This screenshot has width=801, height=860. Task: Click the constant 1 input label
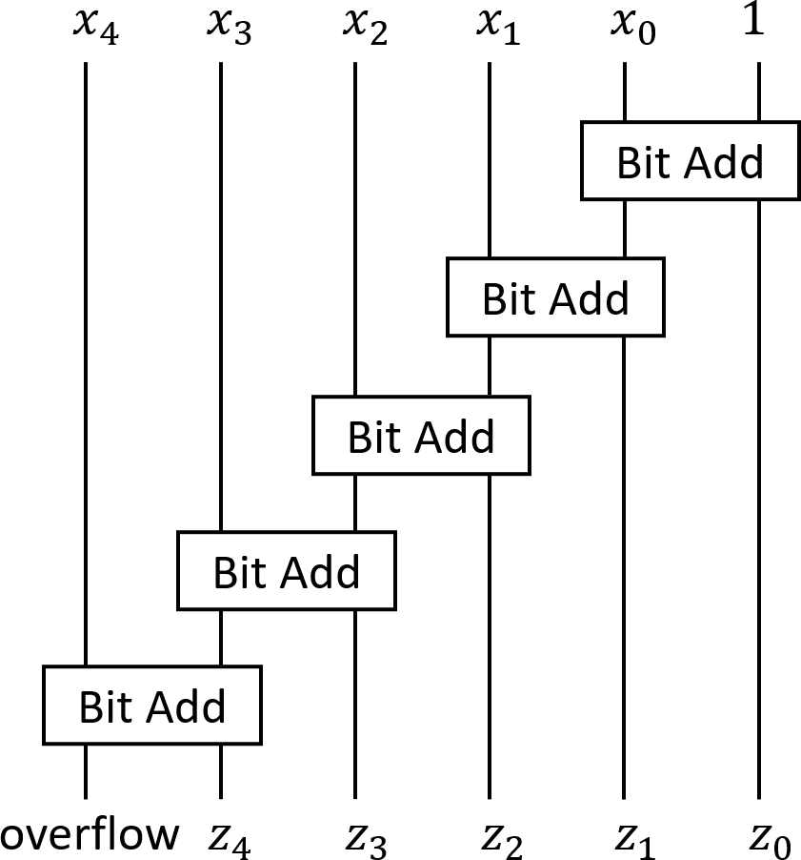click(754, 21)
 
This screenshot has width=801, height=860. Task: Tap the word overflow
click(90, 834)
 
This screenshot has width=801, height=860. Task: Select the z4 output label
click(230, 839)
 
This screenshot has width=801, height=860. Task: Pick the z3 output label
click(364, 839)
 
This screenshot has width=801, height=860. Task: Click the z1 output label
click(632, 839)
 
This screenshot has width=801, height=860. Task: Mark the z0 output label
click(767, 839)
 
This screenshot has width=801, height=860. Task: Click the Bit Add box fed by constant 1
click(690, 160)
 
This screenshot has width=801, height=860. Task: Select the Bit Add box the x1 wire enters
click(555, 297)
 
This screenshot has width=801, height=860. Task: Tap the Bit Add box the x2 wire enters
click(421, 434)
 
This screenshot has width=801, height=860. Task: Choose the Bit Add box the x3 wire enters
click(286, 570)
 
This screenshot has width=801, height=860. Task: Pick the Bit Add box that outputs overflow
click(151, 706)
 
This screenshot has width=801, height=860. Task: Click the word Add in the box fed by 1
click(727, 162)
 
